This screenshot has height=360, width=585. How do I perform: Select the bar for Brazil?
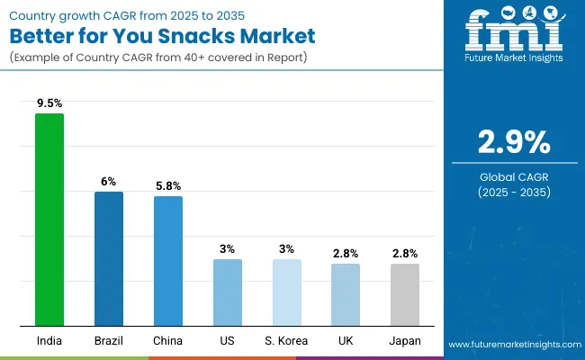[109, 258]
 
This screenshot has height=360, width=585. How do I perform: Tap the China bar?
[168, 260]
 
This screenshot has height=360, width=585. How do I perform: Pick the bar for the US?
[228, 292]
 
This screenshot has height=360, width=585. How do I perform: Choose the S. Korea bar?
[287, 292]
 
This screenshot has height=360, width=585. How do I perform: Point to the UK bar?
[346, 294]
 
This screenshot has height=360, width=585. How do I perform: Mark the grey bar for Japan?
[405, 294]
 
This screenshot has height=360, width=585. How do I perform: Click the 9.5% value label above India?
[49, 103]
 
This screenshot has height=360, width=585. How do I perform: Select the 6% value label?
[109, 181]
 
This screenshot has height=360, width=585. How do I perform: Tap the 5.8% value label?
[168, 185]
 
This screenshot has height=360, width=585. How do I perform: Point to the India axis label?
[49, 341]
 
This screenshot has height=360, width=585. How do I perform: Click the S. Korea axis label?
[287, 341]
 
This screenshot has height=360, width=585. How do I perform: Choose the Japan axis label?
[405, 341]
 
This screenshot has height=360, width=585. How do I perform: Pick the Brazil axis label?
[109, 341]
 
